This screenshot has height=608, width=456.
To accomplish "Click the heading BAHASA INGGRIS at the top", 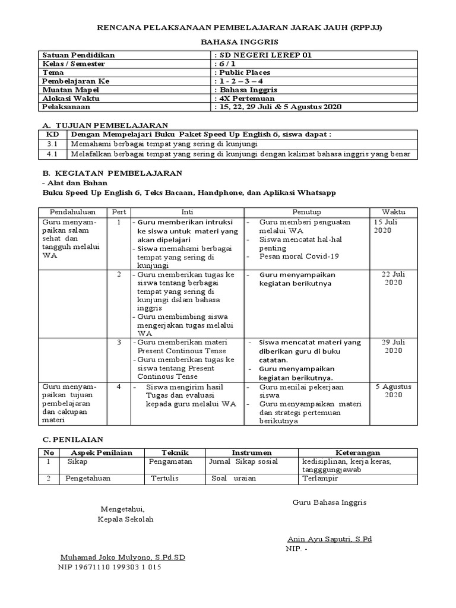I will (x=229, y=43).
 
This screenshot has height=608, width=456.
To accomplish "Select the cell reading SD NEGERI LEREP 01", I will (x=261, y=55).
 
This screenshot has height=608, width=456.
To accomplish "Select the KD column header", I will (x=52, y=135).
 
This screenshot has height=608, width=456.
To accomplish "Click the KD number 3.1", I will (x=52, y=144).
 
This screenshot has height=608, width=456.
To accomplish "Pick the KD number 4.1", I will (x=52, y=154).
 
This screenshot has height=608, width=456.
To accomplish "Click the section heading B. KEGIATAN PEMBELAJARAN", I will (x=113, y=173).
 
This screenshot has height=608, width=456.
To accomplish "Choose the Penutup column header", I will (x=306, y=212).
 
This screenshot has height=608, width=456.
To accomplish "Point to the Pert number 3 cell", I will (x=119, y=343).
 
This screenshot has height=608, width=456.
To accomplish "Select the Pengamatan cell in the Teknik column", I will (x=172, y=461).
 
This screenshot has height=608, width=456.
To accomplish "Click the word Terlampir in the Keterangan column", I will (x=320, y=479).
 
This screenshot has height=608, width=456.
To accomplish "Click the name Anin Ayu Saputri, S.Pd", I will (x=330, y=539).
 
